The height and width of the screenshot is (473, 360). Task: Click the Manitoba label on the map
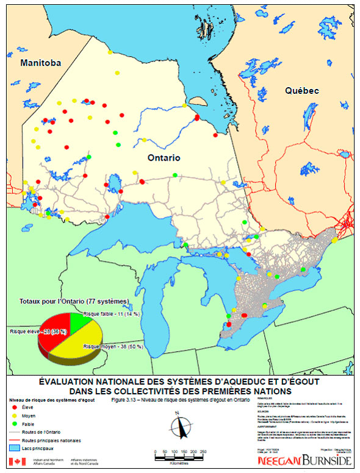click(x=40, y=63)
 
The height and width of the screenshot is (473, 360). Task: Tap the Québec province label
click(x=302, y=90)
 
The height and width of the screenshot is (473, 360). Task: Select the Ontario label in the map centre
click(x=164, y=157)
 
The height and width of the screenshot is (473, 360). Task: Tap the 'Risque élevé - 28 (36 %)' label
click(x=38, y=331)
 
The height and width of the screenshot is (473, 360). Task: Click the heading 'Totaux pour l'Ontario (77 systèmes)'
click(x=74, y=301)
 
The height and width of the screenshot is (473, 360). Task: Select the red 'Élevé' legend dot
click(x=15, y=406)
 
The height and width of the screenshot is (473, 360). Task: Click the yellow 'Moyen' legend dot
click(x=15, y=415)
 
